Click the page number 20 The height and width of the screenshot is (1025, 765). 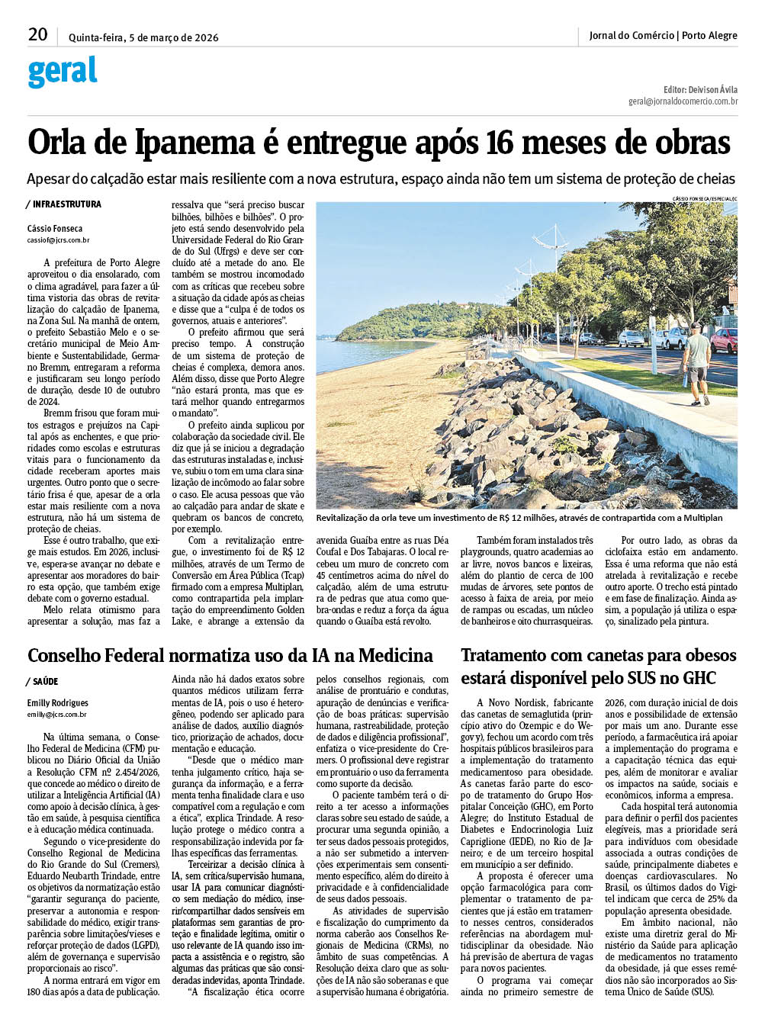37,34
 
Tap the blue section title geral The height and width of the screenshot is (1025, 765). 63,72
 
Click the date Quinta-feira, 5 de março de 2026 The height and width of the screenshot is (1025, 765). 143,37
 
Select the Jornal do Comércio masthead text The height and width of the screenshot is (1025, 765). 632,36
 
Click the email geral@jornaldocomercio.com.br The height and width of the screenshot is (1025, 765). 683,101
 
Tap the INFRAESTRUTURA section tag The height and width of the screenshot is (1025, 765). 66,204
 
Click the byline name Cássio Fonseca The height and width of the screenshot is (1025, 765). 55,229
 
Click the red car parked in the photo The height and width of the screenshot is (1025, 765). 724,340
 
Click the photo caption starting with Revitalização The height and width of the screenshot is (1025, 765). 519,518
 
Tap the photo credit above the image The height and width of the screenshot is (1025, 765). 704,198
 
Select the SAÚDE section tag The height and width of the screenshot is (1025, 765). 45,682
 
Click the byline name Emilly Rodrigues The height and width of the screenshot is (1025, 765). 58,703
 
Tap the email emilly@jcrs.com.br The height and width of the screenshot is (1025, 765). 57,715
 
